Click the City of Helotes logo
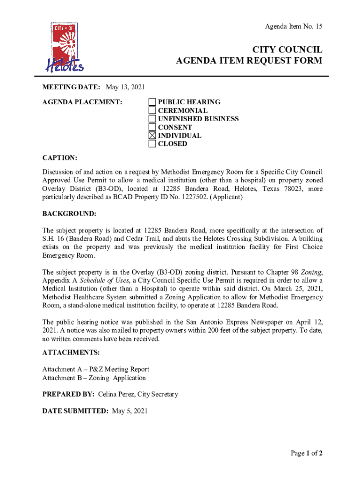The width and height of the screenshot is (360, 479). click(65, 47)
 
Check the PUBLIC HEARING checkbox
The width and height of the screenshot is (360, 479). click(152, 102)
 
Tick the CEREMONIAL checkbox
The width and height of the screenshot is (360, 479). click(152, 110)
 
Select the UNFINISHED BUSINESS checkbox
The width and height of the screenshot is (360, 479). click(152, 119)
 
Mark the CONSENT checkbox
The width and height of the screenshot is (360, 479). click(152, 127)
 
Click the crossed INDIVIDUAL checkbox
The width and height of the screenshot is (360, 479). click(152, 136)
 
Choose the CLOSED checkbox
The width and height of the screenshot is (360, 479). click(152, 144)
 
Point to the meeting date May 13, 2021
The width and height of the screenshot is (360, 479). click(125, 87)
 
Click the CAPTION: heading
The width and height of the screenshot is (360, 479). click(60, 159)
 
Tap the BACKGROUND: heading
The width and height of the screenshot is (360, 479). click(69, 214)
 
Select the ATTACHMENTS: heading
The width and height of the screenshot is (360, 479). click(71, 352)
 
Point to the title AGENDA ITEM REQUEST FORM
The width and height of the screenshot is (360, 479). click(249, 60)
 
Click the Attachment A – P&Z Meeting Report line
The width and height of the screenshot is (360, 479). click(95, 370)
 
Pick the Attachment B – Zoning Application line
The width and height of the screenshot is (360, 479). click(94, 378)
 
